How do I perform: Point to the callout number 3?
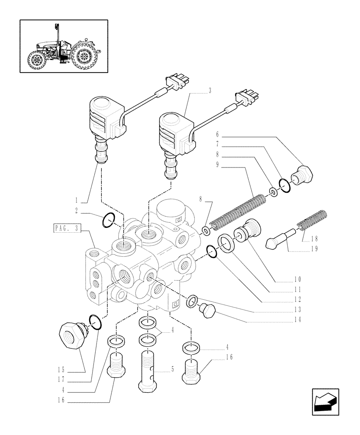(210, 90)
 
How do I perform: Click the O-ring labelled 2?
(108, 221)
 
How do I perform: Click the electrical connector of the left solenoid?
(173, 82)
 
